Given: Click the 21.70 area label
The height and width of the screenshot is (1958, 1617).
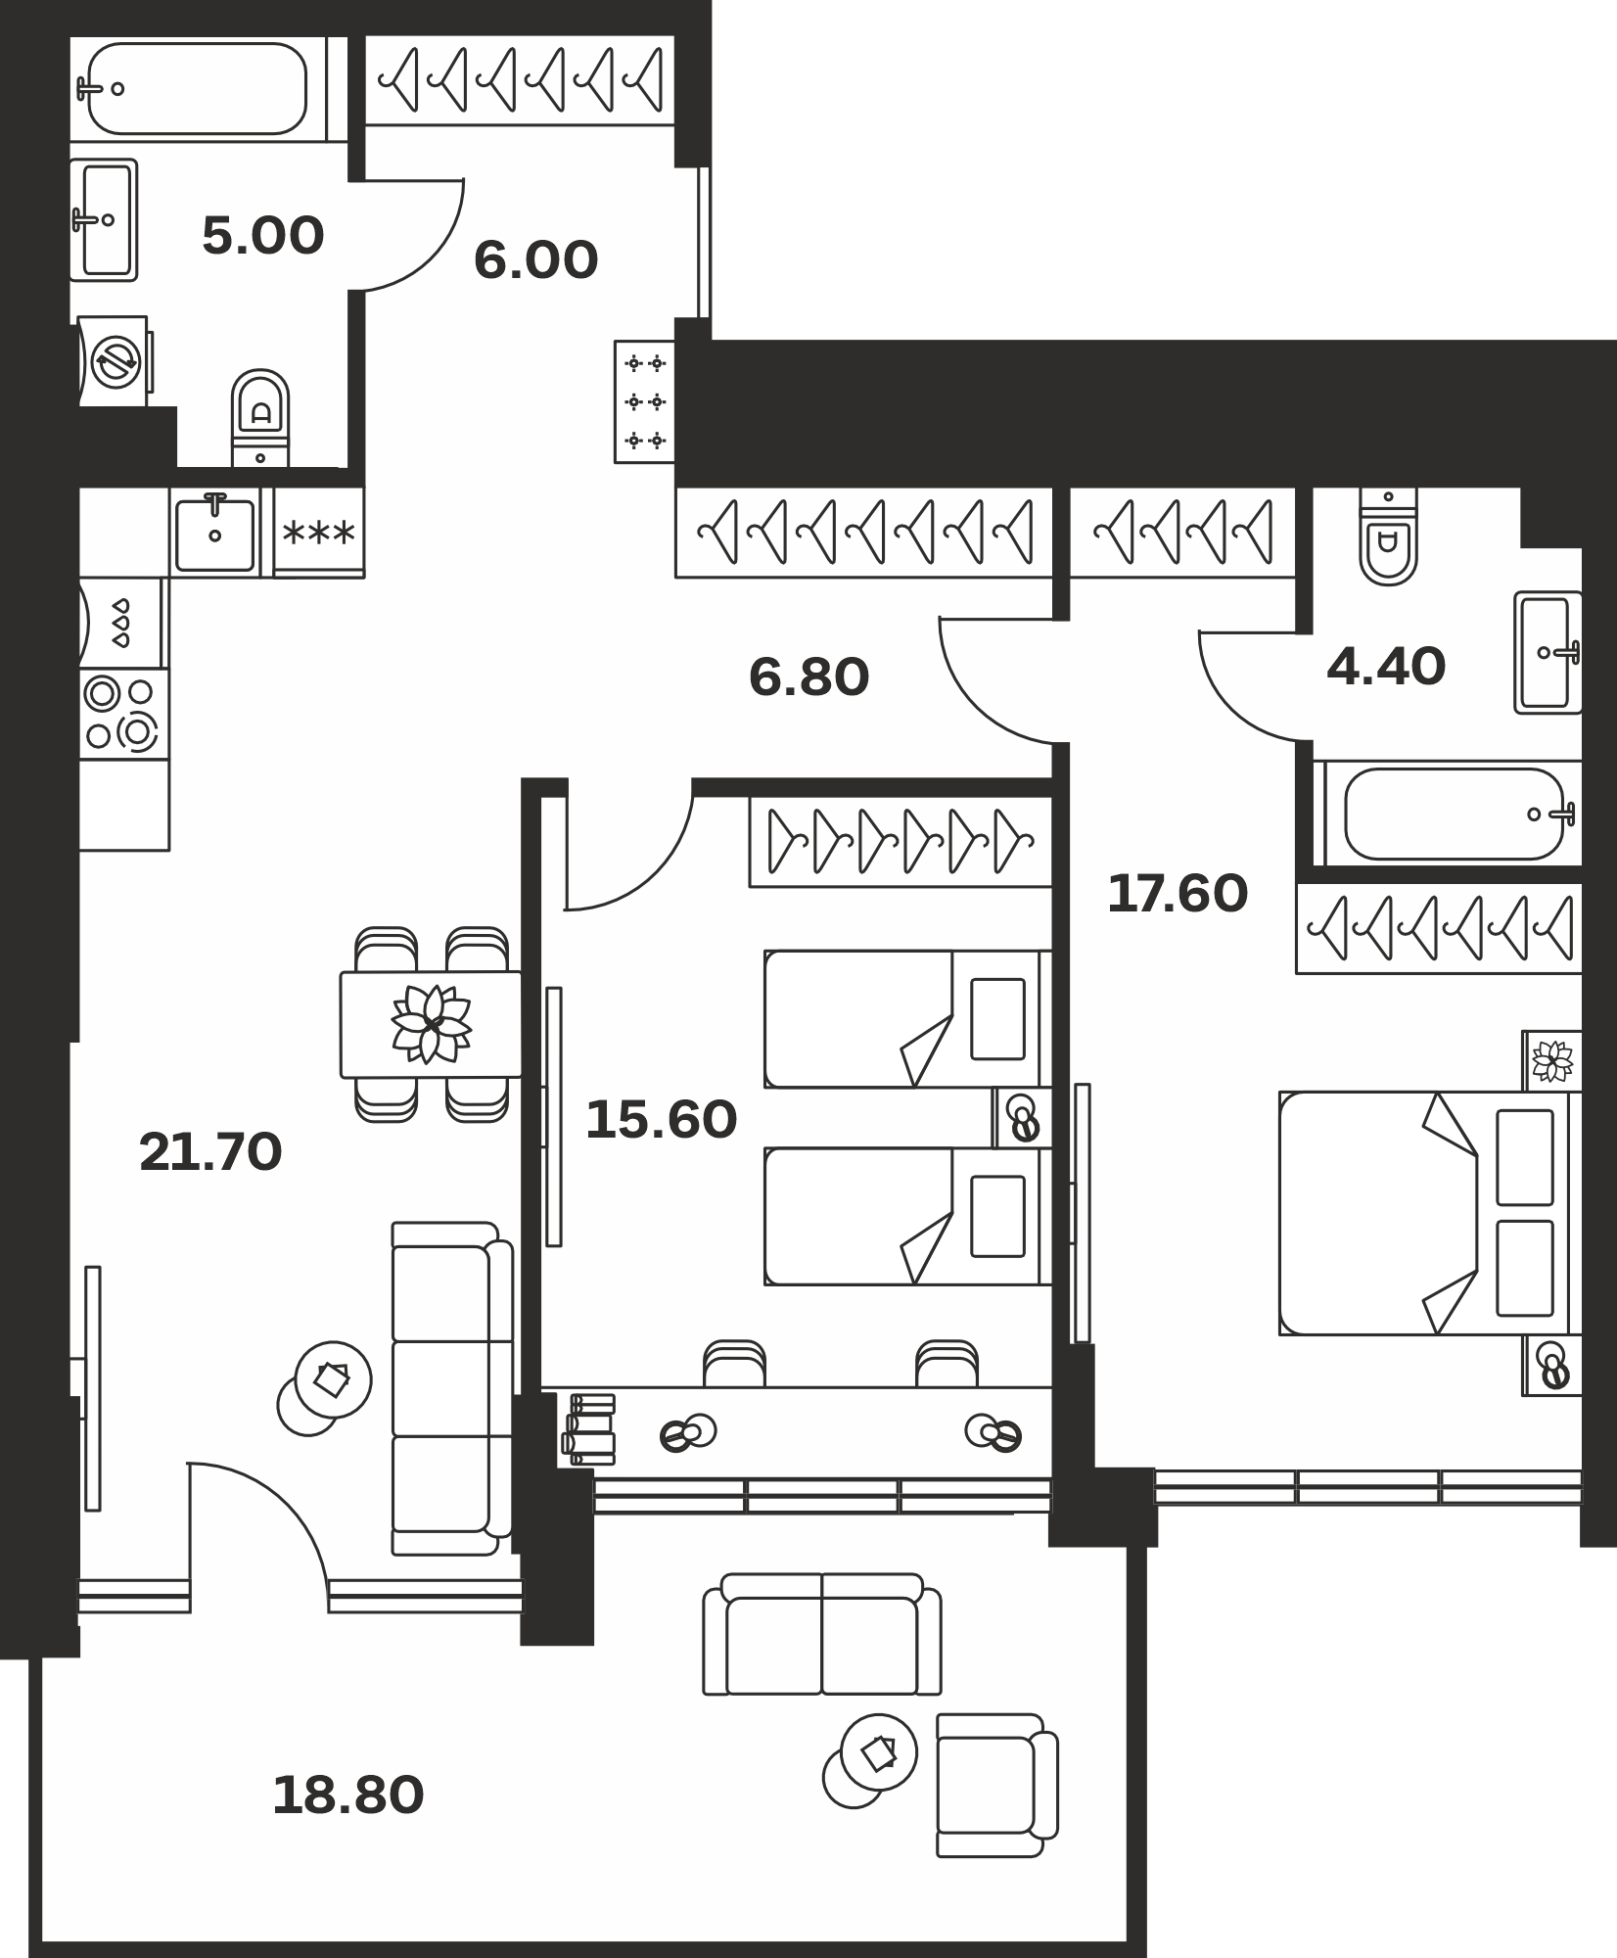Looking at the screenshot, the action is click(210, 1152).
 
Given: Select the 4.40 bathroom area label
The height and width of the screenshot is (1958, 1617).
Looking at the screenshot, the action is click(1386, 668).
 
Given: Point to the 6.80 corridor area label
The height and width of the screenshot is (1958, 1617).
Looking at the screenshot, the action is click(808, 677).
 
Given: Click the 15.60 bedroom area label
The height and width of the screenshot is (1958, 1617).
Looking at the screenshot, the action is click(661, 1120).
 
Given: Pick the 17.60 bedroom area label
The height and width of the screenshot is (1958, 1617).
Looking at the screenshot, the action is click(1178, 894).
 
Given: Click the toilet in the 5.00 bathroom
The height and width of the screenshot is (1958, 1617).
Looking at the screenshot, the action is click(260, 418).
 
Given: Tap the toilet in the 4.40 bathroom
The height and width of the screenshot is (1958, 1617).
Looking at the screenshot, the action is click(1388, 536).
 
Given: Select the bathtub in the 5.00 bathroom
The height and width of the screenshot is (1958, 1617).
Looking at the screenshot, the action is click(197, 88).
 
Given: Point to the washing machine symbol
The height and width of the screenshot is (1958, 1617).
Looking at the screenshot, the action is click(115, 360).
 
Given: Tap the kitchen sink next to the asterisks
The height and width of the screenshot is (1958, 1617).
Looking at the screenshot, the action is click(214, 534).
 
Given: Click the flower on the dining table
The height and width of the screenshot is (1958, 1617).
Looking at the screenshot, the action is click(432, 1024).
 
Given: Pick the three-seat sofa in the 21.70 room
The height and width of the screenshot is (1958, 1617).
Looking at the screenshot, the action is click(451, 1387).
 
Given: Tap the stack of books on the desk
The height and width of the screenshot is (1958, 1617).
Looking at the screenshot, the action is click(588, 1429).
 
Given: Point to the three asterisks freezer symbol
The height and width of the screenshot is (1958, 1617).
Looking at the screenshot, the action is click(318, 534).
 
